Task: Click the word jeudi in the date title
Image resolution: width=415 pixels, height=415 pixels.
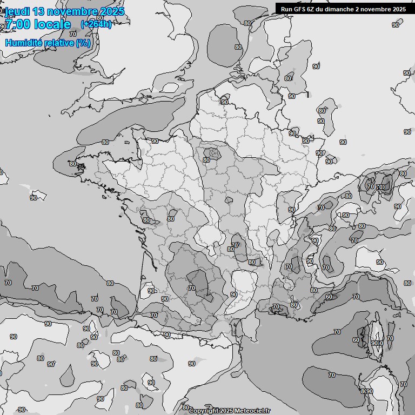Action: [x=17, y=12]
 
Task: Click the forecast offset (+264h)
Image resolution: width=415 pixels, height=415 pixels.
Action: [x=96, y=24]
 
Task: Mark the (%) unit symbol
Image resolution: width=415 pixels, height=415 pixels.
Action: [x=83, y=43]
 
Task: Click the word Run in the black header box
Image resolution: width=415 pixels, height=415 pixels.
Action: [x=287, y=9]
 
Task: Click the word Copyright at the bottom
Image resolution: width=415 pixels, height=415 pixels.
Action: [x=203, y=411]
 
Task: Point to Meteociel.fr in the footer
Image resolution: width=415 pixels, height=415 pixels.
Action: [x=252, y=411]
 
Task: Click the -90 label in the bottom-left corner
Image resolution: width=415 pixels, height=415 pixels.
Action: [x=21, y=409]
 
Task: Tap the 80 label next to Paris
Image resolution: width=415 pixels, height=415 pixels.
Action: [x=206, y=160]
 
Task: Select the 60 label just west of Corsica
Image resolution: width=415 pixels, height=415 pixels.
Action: [x=356, y=340]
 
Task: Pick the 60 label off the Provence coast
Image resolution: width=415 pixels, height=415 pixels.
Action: [x=329, y=297]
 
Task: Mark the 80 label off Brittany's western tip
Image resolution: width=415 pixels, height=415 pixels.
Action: [x=73, y=164]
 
